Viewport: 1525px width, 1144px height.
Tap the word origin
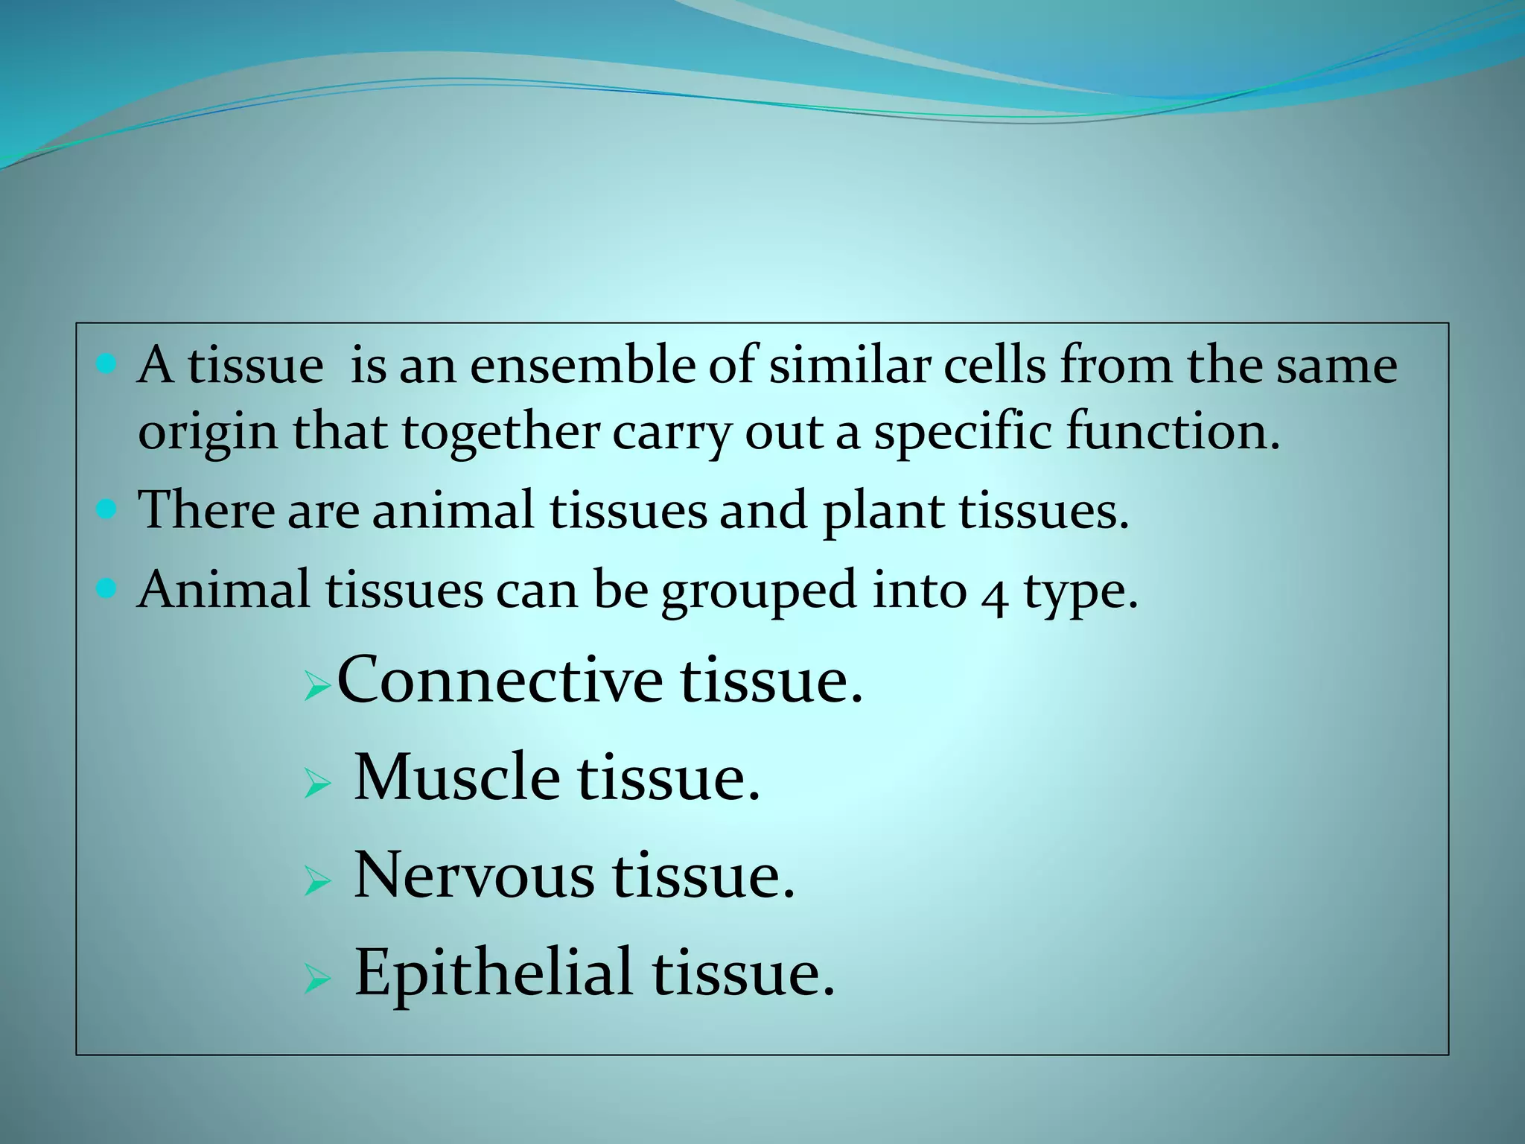click(x=207, y=434)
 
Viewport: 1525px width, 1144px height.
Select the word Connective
click(x=500, y=679)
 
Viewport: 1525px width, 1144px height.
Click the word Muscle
click(x=456, y=778)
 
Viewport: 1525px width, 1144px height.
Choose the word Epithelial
click(x=494, y=973)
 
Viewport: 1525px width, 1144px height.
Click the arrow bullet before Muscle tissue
click(x=317, y=784)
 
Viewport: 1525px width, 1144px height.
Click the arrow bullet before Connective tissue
click(x=317, y=687)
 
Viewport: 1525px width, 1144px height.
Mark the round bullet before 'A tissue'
click(x=107, y=364)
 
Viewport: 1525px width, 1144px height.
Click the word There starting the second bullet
click(x=206, y=510)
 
